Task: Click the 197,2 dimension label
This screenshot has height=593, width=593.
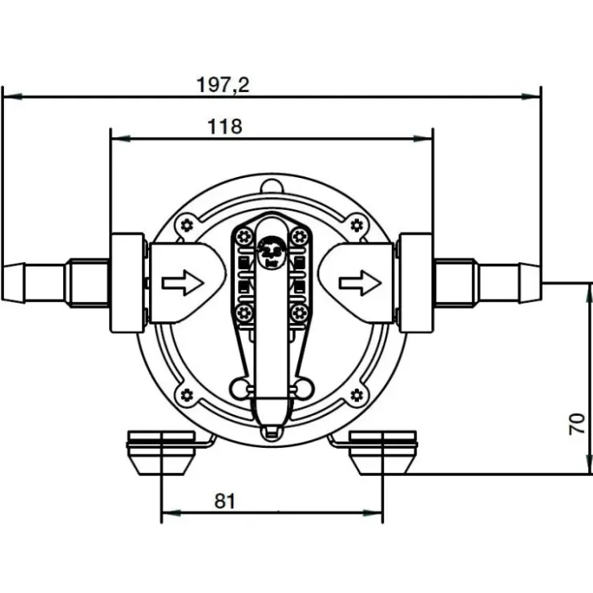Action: point(223,85)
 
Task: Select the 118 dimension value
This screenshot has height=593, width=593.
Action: point(224,127)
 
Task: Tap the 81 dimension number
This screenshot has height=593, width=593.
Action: point(224,501)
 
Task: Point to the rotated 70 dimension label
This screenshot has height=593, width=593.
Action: point(577,424)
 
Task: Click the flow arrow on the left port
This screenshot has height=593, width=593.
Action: point(183,283)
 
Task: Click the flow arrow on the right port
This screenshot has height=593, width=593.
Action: point(360,283)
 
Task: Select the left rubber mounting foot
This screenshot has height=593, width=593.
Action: point(161,452)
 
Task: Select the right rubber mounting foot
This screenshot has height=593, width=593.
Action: point(383,452)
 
